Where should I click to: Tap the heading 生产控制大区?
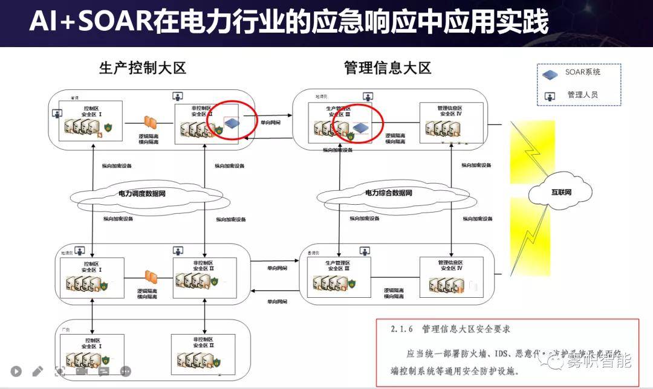(x=143, y=68)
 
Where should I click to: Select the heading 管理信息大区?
(x=387, y=68)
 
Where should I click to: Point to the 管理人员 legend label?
(x=582, y=95)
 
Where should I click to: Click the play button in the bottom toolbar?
(x=16, y=371)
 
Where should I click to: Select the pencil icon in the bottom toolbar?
(x=37, y=371)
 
